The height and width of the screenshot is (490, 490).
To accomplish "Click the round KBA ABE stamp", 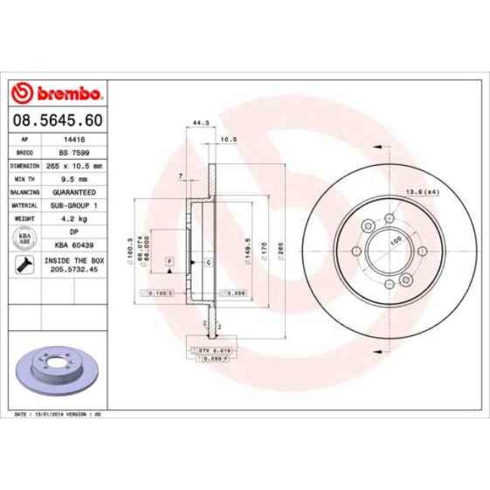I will coord(25,238).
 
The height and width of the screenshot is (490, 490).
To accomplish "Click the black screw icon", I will coord(25,265).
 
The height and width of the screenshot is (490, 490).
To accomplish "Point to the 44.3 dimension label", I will coord(200,122).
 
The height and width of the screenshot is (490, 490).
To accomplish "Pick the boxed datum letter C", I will coord(207,261).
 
